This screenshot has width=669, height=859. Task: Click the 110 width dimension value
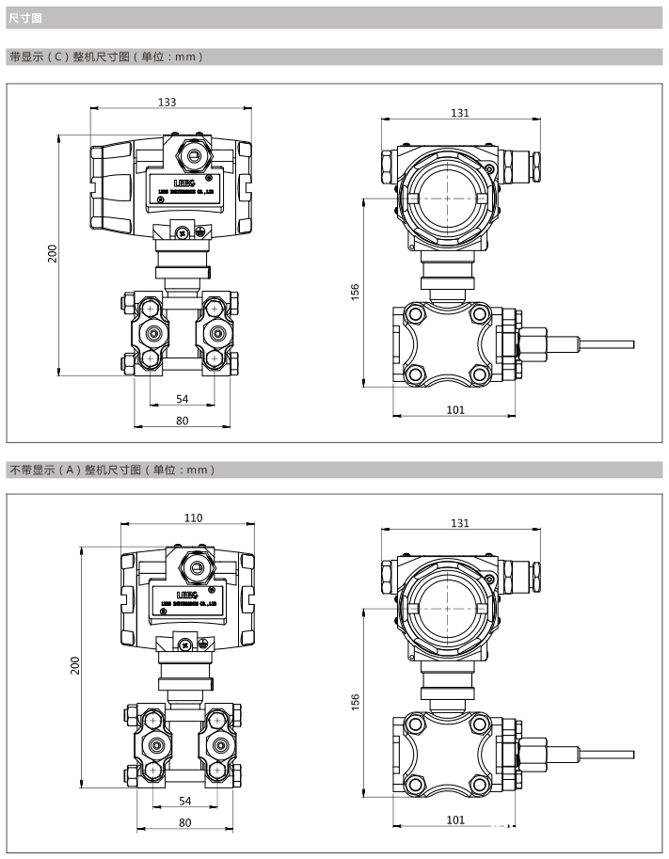point(192,518)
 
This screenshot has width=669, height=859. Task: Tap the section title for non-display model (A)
point(111,469)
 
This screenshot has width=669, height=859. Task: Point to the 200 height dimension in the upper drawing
point(53,254)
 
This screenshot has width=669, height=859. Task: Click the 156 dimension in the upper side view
point(356,293)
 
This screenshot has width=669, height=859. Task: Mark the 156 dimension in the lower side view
point(356,703)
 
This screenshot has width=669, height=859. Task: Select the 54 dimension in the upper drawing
point(183,399)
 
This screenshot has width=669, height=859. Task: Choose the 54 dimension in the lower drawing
point(184,802)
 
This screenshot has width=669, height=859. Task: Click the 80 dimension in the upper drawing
point(183,421)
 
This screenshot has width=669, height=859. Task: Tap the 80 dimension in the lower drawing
point(184,823)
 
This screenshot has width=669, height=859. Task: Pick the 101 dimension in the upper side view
point(455,409)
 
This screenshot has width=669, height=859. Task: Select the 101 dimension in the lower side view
point(455,819)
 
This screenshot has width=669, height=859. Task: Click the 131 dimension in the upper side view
point(459,112)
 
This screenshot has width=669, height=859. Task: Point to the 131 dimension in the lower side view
point(459,522)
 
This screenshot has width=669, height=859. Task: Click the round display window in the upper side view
point(447,199)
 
